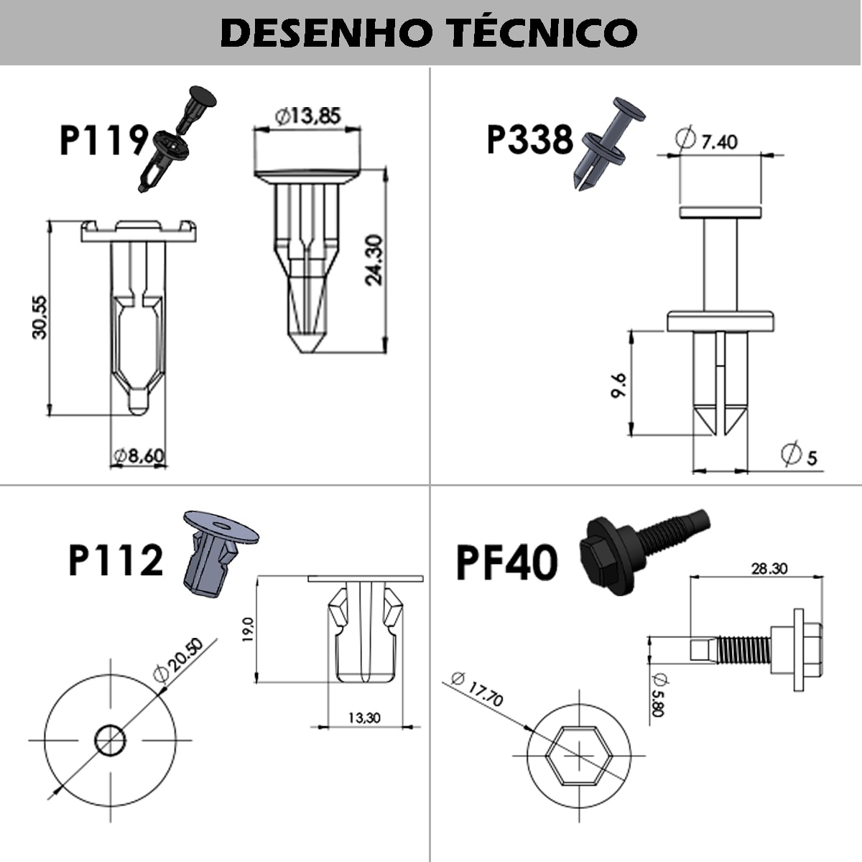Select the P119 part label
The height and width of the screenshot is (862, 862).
(x=103, y=139)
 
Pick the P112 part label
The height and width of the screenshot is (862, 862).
(x=116, y=560)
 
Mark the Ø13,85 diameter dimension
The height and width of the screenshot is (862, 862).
(x=307, y=115)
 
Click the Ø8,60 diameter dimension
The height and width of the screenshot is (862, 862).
(x=139, y=455)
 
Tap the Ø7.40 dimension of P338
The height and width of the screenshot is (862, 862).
(x=707, y=140)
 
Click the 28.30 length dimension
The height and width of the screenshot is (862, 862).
(x=769, y=568)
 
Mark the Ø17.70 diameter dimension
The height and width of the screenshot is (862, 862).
(x=478, y=689)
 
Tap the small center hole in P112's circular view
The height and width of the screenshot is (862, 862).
(x=111, y=740)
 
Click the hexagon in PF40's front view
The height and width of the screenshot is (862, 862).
(x=578, y=755)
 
